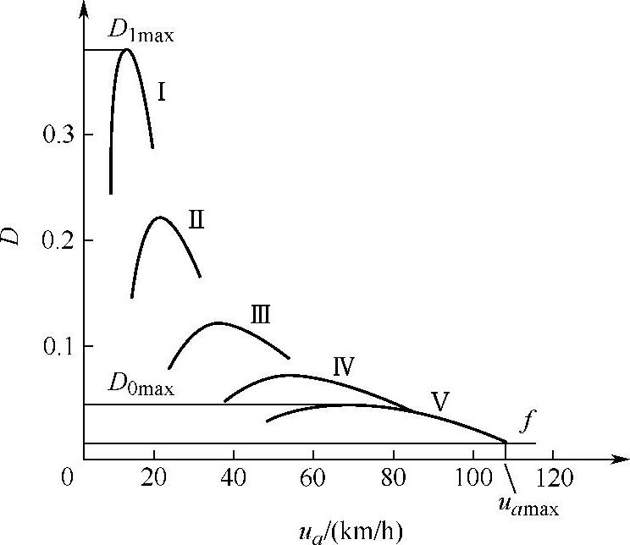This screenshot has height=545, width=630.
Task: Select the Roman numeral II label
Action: point(196,222)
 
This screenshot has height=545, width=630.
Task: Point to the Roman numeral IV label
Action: point(343,366)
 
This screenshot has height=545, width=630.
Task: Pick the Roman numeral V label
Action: point(439,400)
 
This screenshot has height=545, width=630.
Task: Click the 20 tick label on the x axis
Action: point(153,476)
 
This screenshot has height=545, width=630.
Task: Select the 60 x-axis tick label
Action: point(312,476)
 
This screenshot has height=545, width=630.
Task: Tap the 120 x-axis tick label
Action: point(552,476)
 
